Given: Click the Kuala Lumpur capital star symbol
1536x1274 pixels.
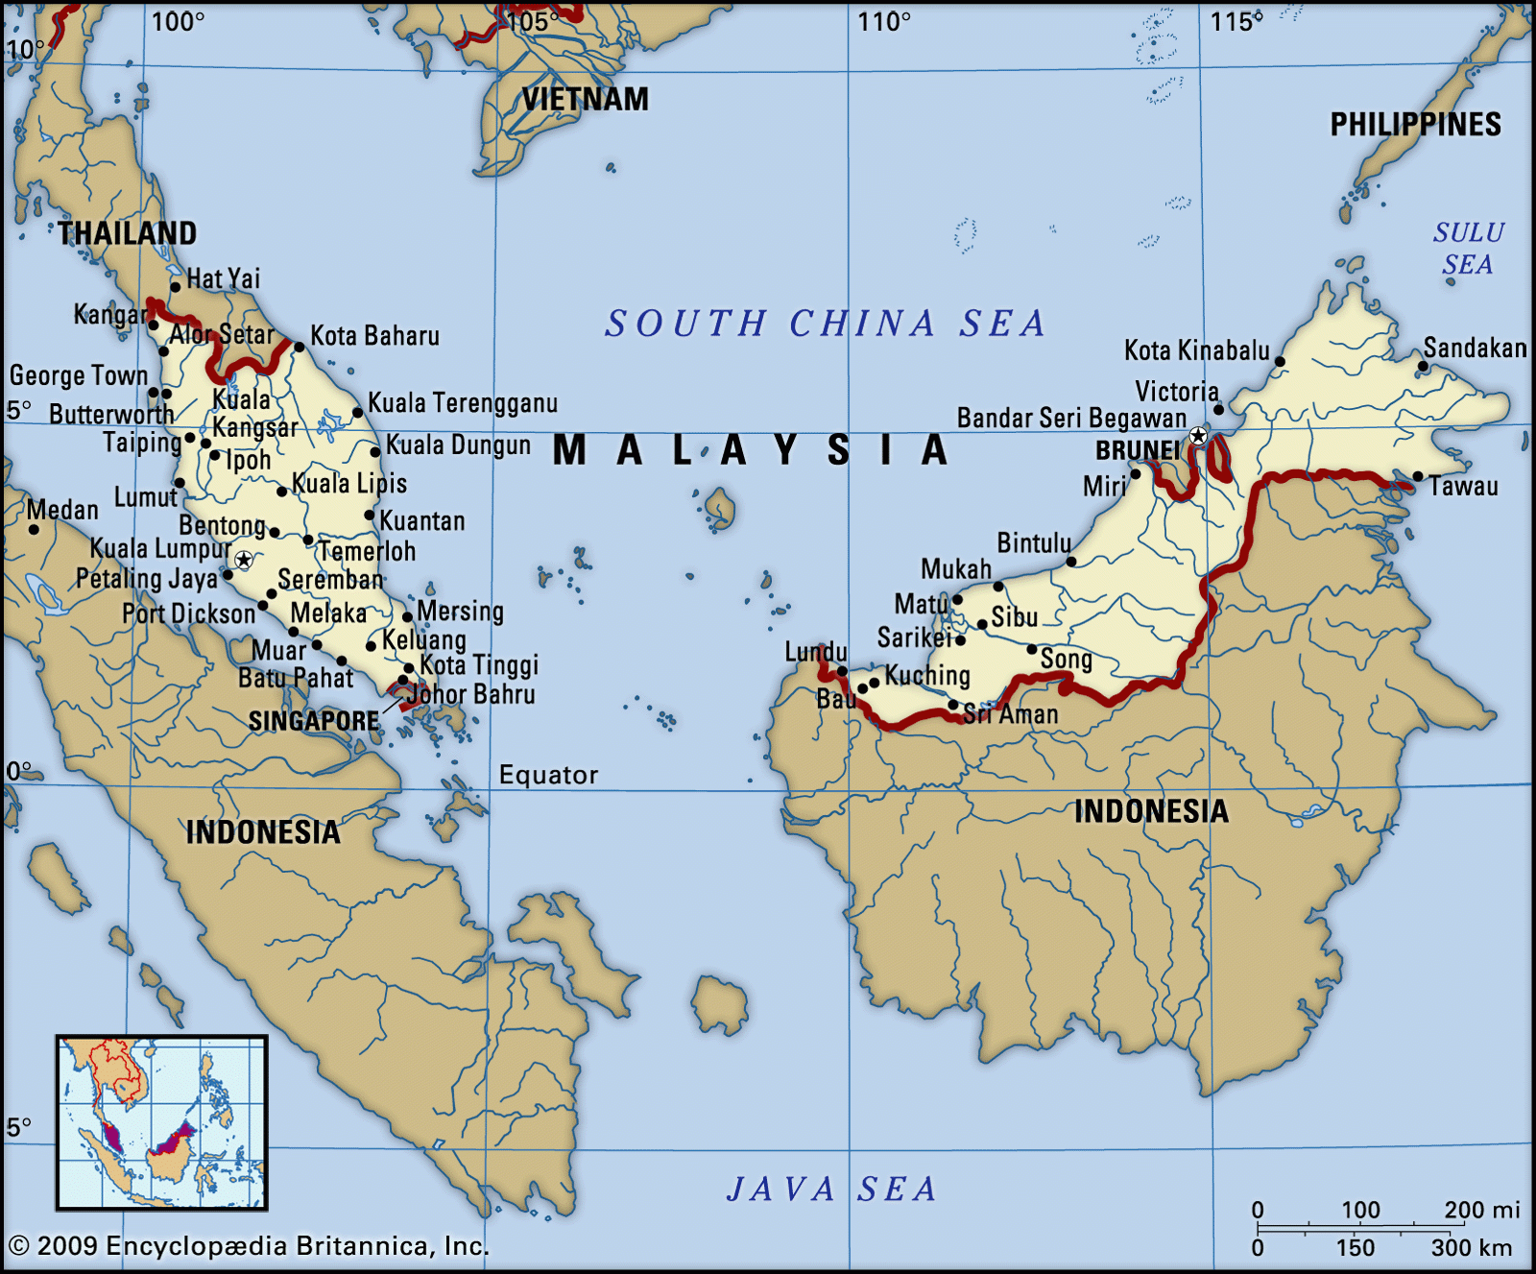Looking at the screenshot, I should [x=244, y=560].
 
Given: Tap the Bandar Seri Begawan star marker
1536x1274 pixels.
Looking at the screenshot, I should [x=1198, y=437].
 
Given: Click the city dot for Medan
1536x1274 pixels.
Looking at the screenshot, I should [x=34, y=529].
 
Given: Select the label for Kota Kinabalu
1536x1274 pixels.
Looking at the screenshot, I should [x=1196, y=350].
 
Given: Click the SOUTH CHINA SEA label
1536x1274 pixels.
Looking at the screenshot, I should [x=826, y=324].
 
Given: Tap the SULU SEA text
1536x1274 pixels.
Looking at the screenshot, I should [x=1468, y=248].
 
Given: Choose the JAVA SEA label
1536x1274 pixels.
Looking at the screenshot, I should [x=831, y=1189].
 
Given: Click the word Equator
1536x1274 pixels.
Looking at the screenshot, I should [x=548, y=775].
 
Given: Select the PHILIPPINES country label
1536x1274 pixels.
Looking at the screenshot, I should [x=1415, y=125].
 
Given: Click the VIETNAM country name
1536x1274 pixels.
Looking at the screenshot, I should [x=585, y=99].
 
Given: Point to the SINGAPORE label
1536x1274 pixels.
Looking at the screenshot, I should [x=314, y=721].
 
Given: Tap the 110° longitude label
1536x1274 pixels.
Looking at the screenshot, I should [x=883, y=22].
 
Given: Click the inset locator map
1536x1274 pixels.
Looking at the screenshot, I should [x=161, y=1121].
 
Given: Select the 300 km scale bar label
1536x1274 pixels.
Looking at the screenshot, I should [x=1471, y=1248].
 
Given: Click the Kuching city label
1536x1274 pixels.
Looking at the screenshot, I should [x=927, y=675].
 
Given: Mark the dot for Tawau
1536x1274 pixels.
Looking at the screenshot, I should [x=1418, y=476].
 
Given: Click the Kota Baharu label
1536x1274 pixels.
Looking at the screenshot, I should [x=374, y=336].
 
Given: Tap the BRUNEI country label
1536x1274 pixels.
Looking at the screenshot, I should [x=1137, y=450].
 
